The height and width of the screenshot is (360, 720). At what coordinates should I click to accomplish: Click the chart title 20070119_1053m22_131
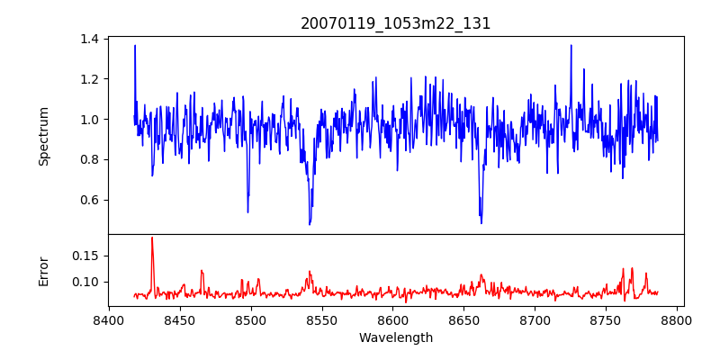click(396, 23)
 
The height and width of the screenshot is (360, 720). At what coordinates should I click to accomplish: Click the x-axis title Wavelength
click(396, 337)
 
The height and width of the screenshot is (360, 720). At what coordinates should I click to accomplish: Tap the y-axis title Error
click(44, 271)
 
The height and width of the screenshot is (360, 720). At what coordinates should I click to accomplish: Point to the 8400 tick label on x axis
click(109, 320)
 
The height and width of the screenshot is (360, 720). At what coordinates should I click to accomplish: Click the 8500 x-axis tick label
click(251, 320)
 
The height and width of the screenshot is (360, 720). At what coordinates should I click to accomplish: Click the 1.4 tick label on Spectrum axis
click(90, 39)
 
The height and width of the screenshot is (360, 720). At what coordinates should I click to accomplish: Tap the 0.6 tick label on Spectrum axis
click(90, 200)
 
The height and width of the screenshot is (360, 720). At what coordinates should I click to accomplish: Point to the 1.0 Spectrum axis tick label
click(90, 120)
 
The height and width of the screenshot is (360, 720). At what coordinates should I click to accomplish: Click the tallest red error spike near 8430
click(152, 238)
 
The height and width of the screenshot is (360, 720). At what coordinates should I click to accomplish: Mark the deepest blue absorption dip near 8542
click(310, 223)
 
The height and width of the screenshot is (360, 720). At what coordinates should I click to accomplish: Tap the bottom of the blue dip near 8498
click(247, 211)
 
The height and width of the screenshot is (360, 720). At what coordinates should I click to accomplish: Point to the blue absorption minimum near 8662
click(481, 221)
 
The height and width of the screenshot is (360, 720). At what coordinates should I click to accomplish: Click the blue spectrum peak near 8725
click(571, 46)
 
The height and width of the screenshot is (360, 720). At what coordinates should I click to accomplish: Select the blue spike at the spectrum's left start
click(135, 46)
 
